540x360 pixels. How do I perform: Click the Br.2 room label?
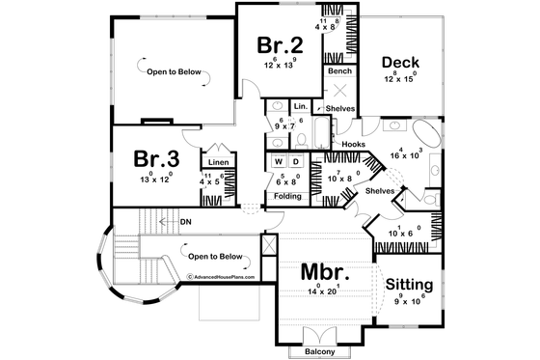(x=280, y=44)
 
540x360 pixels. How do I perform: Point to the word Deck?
(x=399, y=64)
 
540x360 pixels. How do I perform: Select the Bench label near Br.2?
(x=338, y=71)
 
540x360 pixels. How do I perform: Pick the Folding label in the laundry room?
(x=288, y=196)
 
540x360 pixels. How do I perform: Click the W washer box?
(x=279, y=161)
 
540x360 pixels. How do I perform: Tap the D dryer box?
(x=296, y=161)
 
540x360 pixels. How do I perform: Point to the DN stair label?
(x=183, y=221)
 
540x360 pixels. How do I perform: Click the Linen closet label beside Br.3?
(x=216, y=161)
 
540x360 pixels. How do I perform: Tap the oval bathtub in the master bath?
(x=425, y=132)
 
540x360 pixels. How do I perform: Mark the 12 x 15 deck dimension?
(x=399, y=78)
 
